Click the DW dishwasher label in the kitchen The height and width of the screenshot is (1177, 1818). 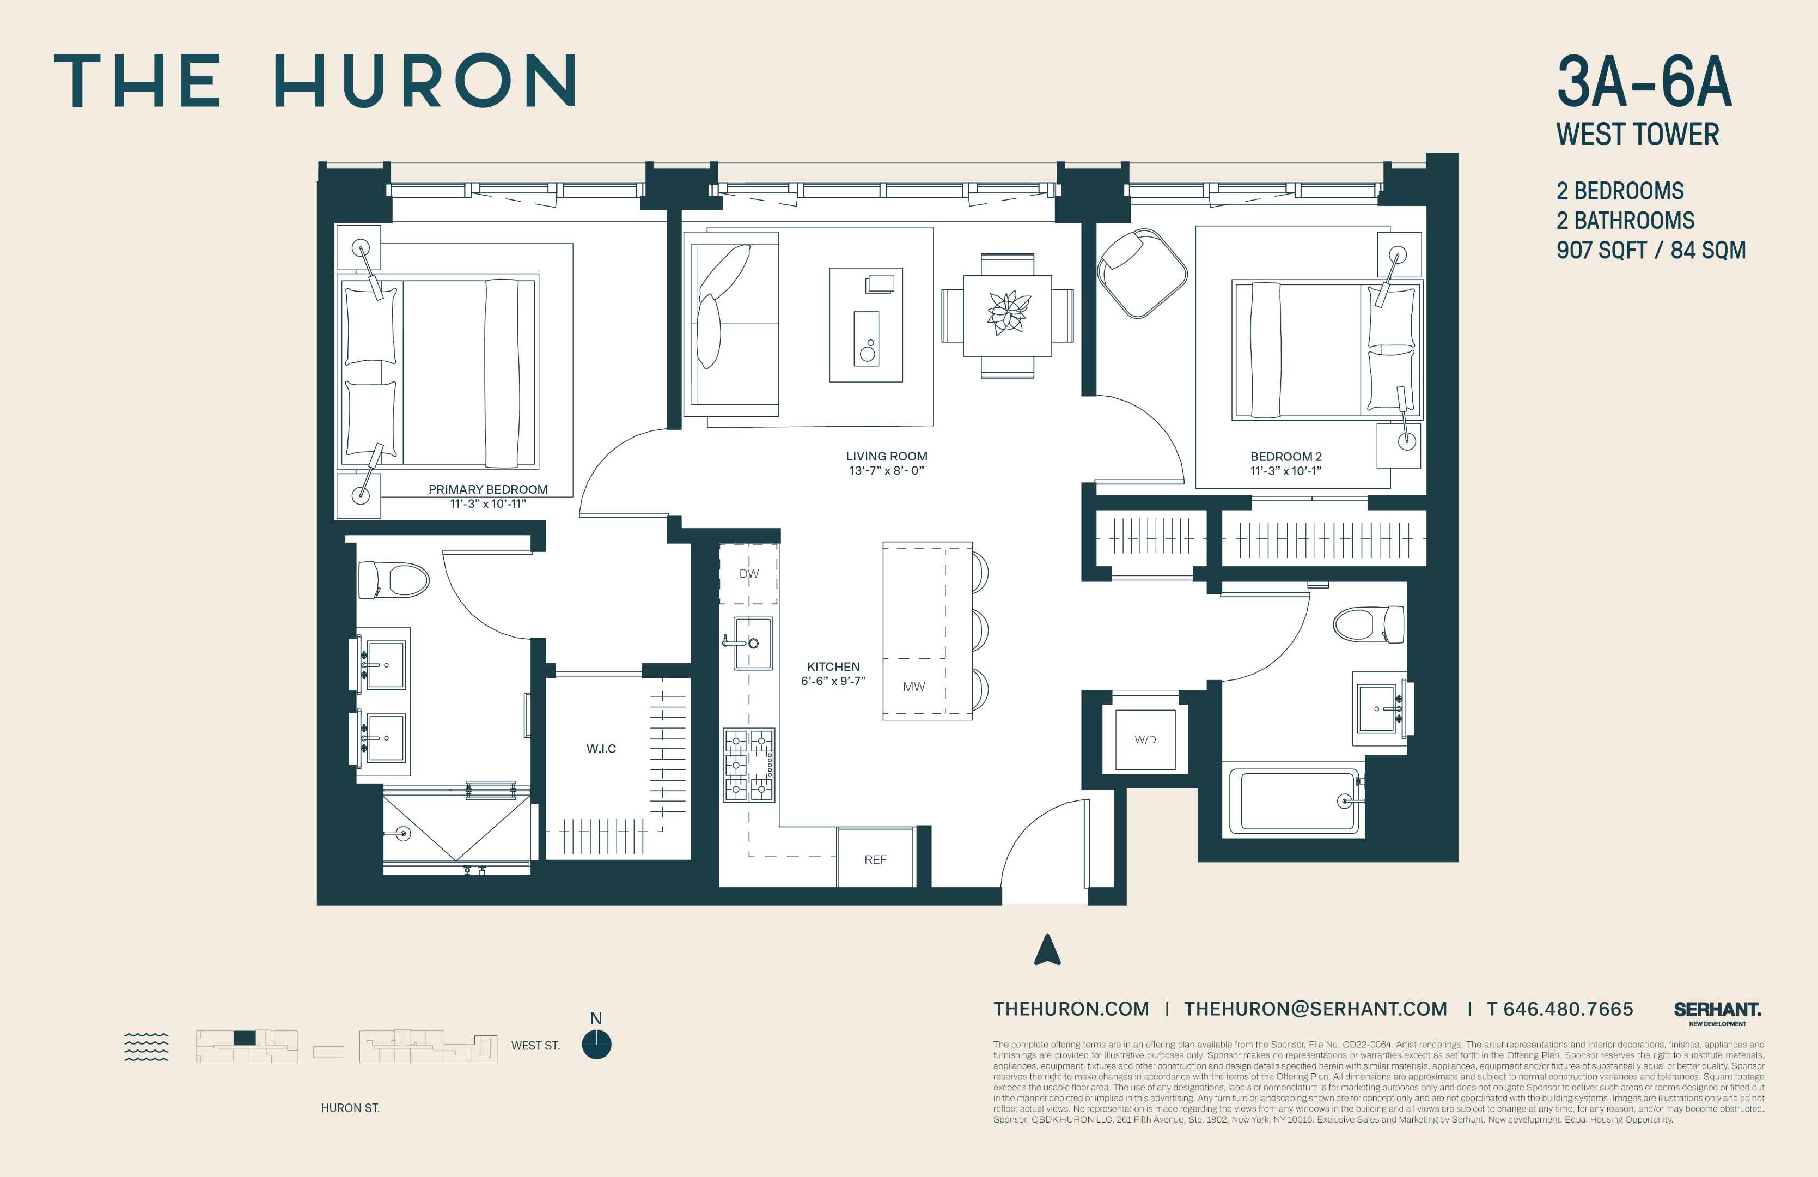[748, 573]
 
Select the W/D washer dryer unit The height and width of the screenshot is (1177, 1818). [1145, 739]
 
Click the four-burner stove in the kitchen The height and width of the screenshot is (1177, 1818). [748, 765]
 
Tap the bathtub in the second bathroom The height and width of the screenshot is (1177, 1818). [1298, 802]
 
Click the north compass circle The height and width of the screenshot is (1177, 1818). [596, 1044]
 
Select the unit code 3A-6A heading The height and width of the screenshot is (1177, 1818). [1644, 82]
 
